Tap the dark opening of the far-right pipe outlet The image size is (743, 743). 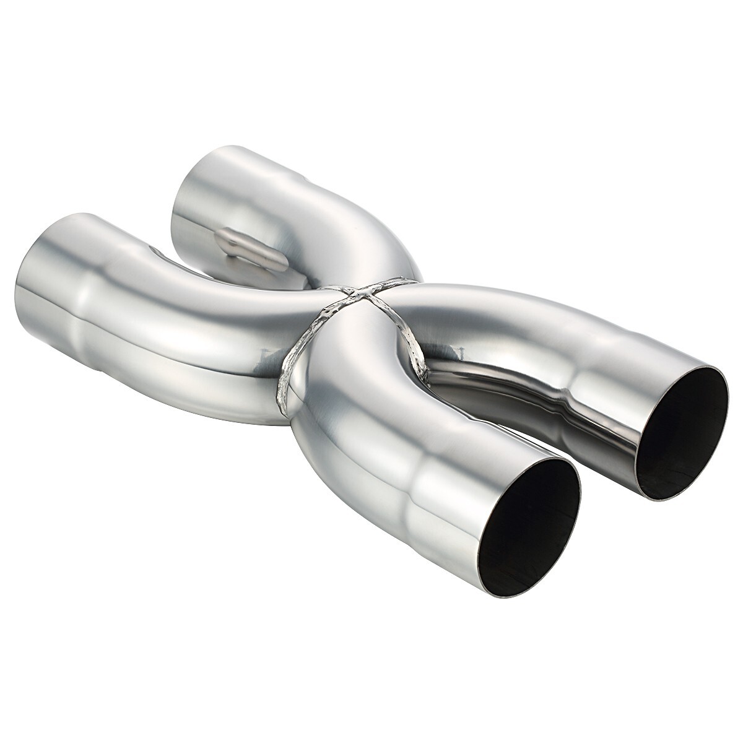(681, 433)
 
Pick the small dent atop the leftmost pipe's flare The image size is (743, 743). (153, 250)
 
